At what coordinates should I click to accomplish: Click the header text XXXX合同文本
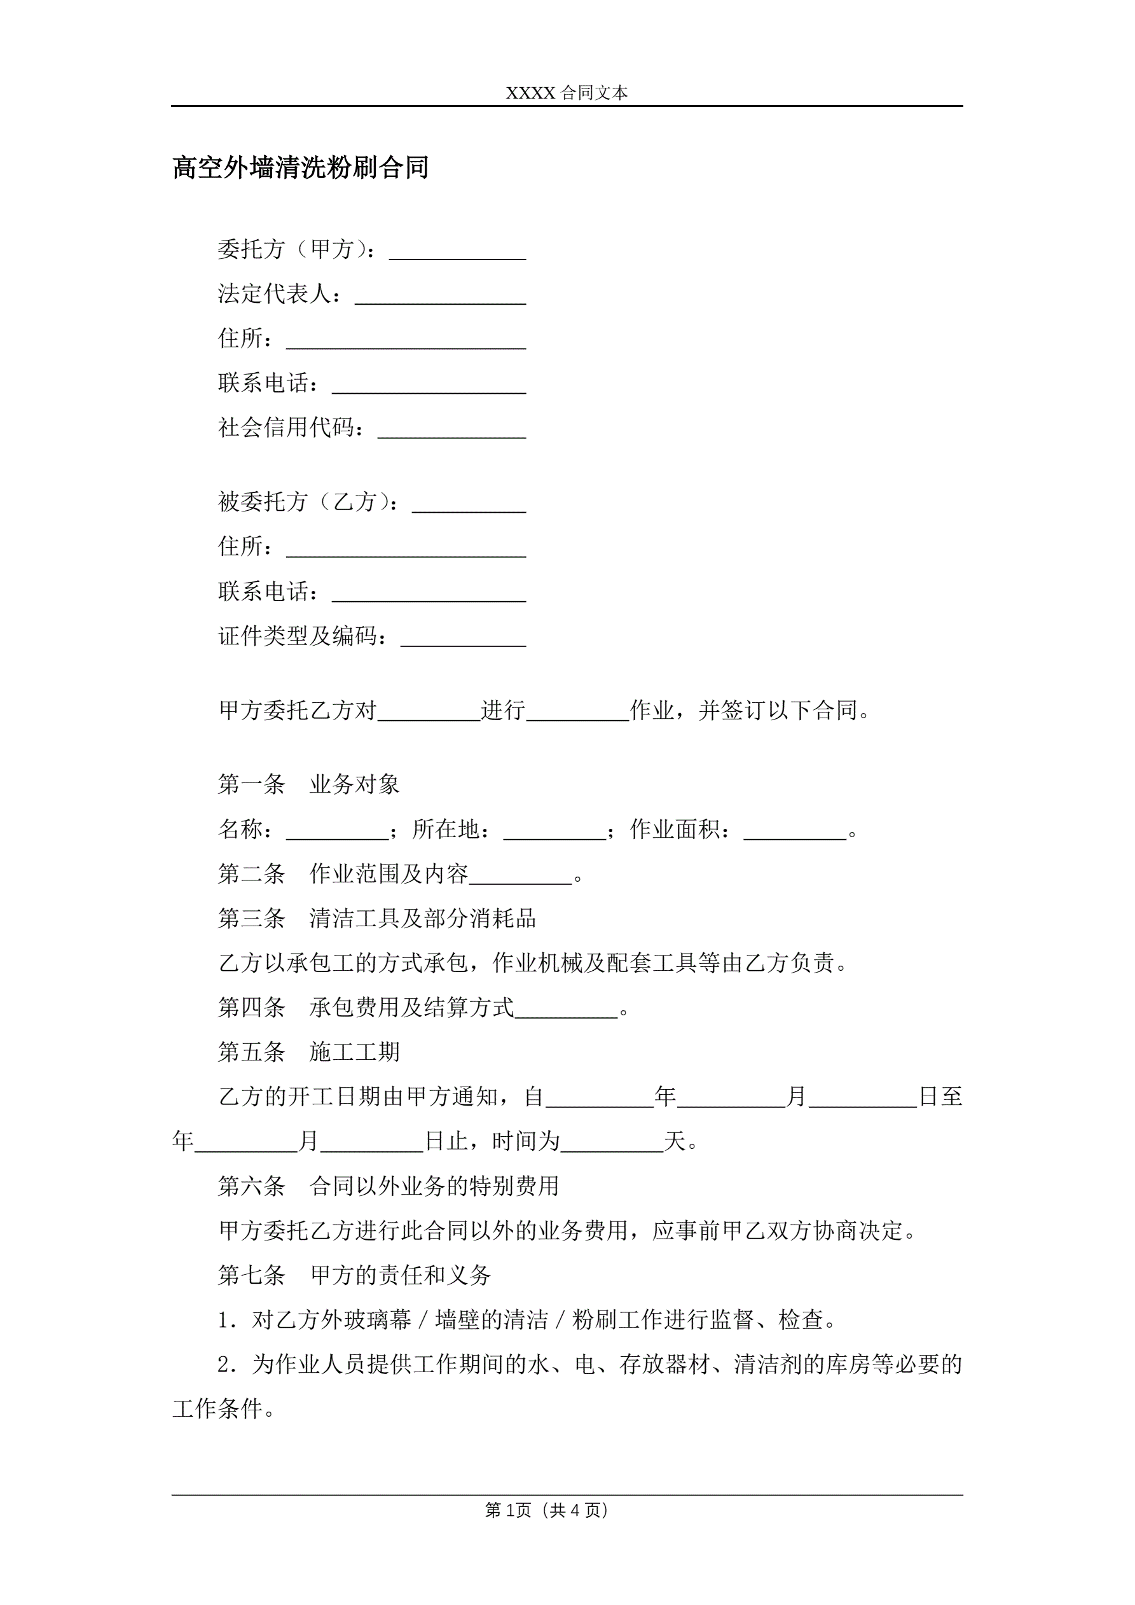567,93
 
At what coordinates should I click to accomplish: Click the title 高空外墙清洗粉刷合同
300,168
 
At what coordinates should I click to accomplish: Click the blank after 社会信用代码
451,430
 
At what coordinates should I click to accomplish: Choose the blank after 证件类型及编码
463,638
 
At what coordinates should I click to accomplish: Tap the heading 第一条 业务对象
308,784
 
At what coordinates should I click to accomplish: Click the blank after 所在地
554,832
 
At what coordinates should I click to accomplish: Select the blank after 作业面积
795,832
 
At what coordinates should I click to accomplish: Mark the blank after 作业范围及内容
521,877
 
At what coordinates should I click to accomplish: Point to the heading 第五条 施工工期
308,1052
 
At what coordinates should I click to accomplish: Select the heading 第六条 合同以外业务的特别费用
388,1186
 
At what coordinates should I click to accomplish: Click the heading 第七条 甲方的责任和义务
354,1275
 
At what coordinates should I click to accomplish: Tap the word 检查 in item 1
801,1320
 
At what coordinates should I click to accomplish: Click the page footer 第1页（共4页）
546,1511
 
